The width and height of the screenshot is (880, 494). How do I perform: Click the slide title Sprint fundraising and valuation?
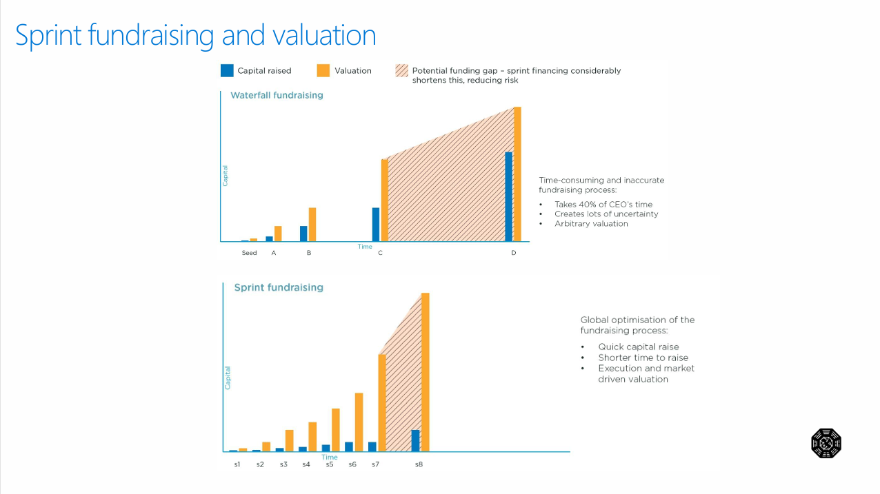coord(196,35)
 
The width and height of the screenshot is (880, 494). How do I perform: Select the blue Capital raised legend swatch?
coord(227,70)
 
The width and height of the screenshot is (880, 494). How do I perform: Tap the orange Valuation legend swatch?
coord(323,70)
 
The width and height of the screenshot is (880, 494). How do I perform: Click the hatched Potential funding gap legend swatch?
coord(401,70)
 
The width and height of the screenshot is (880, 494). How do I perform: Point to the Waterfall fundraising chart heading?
coord(277,95)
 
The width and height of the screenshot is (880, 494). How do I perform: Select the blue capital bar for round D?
coord(509,196)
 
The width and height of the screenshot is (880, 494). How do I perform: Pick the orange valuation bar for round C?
coord(384,200)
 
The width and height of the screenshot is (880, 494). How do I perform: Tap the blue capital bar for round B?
coord(303,234)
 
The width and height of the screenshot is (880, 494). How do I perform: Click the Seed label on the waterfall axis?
coord(249,253)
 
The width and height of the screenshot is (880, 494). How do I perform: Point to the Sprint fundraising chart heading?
coord(279,287)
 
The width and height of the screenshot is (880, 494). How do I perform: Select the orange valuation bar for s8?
coord(425,372)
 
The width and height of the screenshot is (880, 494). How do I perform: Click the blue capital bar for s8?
coord(415,440)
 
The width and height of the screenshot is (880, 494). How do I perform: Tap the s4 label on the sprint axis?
coord(306,464)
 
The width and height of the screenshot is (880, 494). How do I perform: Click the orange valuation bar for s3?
coord(289,440)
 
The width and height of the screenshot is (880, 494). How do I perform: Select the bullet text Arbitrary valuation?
coord(591,223)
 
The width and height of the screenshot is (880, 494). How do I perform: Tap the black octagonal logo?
coord(826,443)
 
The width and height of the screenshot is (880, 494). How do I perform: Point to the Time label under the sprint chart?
coord(330,457)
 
